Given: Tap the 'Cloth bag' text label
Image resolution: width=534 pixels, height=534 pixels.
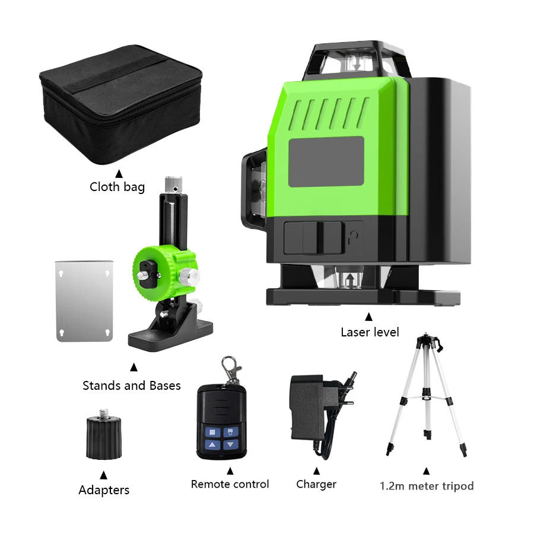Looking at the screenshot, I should [x=117, y=187].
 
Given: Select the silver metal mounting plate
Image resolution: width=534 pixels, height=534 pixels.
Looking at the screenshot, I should [x=83, y=300].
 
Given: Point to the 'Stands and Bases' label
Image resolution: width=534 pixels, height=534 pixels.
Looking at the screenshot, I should [x=131, y=386].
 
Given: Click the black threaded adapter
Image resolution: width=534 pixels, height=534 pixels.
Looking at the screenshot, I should [x=104, y=437].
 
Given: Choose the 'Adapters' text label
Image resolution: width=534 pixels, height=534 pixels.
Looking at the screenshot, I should [x=104, y=490].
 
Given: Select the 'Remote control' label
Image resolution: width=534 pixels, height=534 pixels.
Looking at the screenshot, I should [x=230, y=484].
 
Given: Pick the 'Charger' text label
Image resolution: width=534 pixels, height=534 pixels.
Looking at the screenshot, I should [x=316, y=484].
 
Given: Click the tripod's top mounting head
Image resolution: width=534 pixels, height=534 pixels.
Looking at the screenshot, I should [x=428, y=342].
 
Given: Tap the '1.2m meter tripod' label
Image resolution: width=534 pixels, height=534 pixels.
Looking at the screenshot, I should [x=427, y=487].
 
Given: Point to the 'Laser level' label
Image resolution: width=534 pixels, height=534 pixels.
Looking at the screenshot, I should [x=370, y=332].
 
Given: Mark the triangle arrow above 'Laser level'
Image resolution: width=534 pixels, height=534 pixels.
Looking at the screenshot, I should [x=369, y=316].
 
